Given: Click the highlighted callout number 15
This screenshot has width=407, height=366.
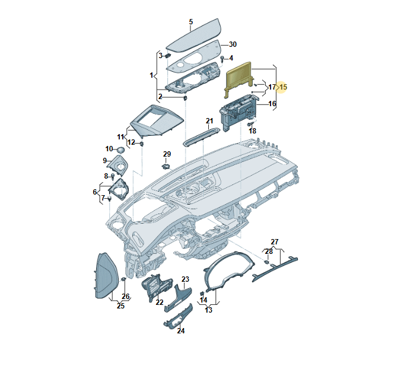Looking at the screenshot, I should pos(283,87).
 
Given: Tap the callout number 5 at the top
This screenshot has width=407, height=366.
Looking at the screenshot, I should pos(191,22).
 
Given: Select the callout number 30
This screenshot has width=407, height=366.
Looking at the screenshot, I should pos(233,44).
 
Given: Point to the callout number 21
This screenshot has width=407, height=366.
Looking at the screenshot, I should pos(209,121).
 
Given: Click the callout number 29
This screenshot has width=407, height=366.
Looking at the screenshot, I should pos(167,154).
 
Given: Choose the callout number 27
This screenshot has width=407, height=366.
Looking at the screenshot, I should pos(274,241).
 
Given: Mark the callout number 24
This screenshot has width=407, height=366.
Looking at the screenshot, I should pos(181,331).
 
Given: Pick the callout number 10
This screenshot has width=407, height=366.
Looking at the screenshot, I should pos(109,149).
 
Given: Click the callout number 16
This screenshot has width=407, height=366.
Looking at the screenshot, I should pos(272,104).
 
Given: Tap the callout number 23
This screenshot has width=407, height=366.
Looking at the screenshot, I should pos(185,279).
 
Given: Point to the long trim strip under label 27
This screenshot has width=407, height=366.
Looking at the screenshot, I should pos(275,268).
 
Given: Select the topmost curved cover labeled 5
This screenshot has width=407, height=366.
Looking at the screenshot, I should pos(193,35).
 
